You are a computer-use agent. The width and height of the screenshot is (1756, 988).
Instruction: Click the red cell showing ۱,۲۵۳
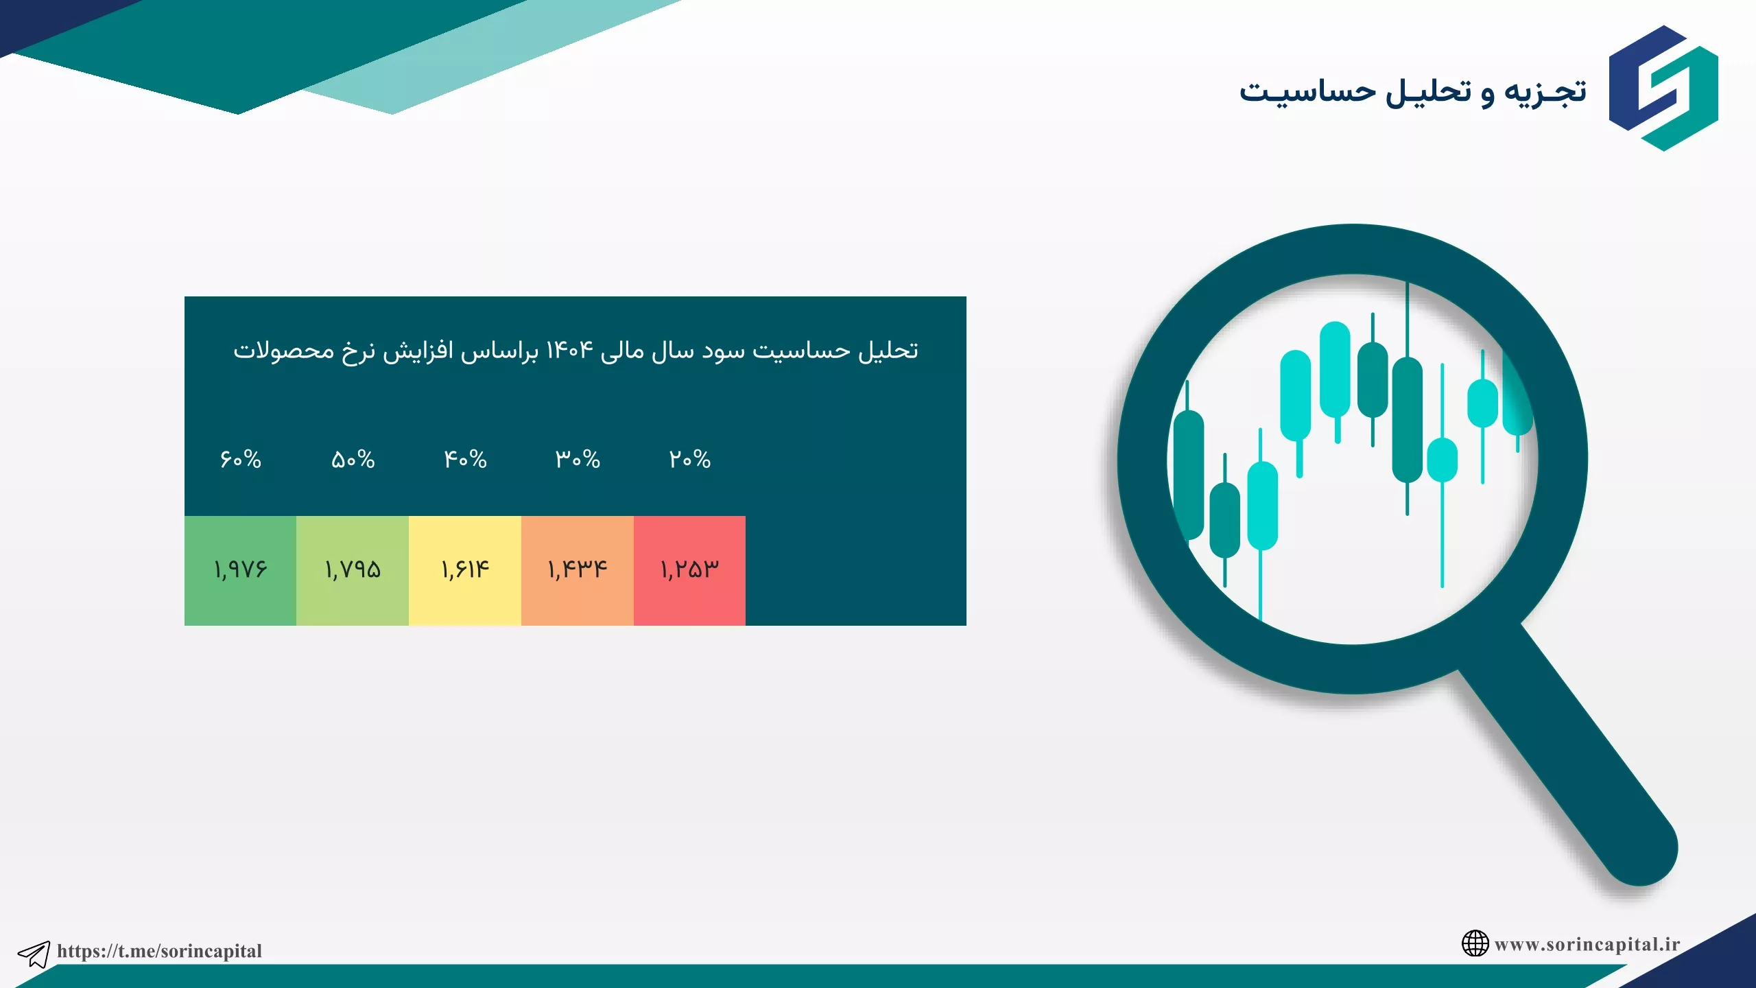click(689, 570)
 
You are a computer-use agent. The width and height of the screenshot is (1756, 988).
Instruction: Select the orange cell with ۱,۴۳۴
click(578, 570)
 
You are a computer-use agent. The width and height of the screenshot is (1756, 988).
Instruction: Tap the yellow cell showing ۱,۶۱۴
click(465, 570)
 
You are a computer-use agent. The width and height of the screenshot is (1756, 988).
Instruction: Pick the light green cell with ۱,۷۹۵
click(353, 570)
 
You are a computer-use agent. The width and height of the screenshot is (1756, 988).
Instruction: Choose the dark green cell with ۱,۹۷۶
click(240, 570)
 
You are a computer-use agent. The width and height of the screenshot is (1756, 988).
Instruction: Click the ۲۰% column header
click(690, 459)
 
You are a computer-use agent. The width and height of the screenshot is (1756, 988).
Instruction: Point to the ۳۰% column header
click(578, 459)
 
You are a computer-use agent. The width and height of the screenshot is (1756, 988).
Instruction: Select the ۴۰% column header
click(465, 459)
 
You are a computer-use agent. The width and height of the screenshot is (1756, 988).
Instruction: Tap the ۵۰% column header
click(353, 459)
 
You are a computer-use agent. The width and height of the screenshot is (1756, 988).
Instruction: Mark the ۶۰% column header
click(240, 459)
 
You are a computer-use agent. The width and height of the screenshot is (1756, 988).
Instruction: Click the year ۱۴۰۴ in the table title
click(569, 351)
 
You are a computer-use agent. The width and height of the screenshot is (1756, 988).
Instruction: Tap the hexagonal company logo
click(1663, 89)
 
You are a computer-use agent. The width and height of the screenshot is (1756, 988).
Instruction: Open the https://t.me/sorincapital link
click(159, 951)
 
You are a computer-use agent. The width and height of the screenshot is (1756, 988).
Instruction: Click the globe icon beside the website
click(1475, 943)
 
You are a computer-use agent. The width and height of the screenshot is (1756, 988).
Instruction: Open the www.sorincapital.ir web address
click(1587, 945)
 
